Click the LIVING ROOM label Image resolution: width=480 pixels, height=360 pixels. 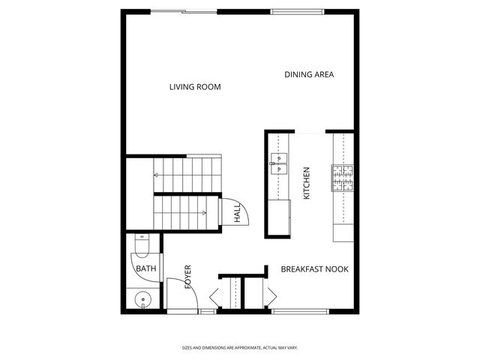pyautogui.click(x=195, y=87)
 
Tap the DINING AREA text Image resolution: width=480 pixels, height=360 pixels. pyautogui.click(x=309, y=75)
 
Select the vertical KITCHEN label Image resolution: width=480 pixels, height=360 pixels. pyautogui.click(x=306, y=183)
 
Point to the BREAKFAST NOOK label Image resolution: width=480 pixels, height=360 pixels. pyautogui.click(x=314, y=268)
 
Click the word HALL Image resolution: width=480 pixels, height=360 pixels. pyautogui.click(x=237, y=214)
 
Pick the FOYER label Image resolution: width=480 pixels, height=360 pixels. pyautogui.click(x=188, y=277)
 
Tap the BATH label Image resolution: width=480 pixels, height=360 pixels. pyautogui.click(x=145, y=268)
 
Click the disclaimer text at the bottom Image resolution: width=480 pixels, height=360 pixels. pyautogui.click(x=240, y=348)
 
